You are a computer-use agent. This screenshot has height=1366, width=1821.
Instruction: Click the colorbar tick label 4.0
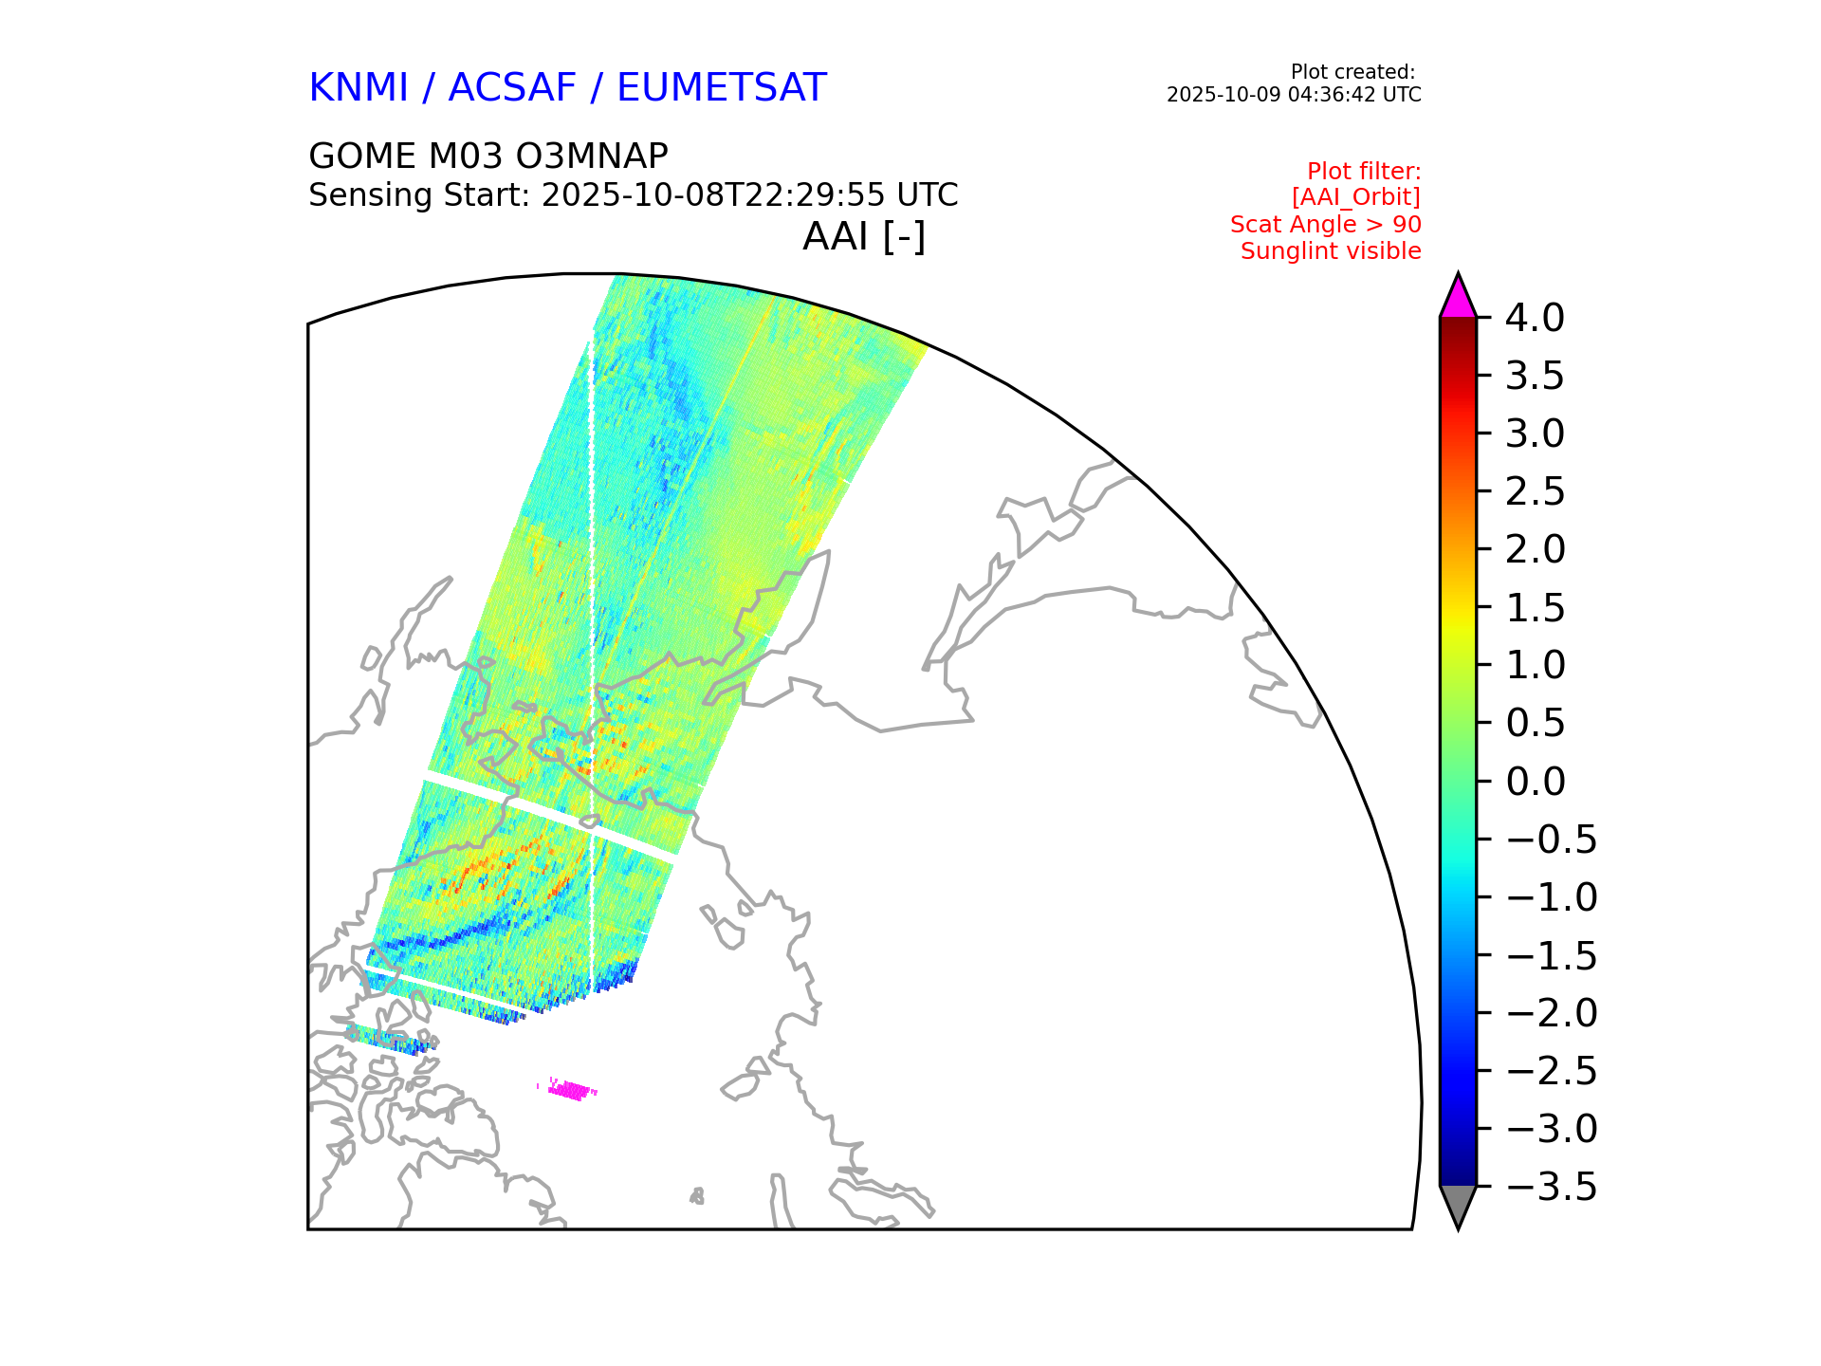tap(1535, 319)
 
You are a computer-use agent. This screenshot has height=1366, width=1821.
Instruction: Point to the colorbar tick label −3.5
tap(1551, 1187)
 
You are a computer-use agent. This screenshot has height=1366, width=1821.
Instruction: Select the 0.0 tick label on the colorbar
tap(1535, 782)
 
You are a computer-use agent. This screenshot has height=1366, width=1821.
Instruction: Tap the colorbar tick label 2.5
tap(1535, 492)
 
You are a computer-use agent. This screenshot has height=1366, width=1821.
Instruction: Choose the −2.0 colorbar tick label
tap(1551, 1013)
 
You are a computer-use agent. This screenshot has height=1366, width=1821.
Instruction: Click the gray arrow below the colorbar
tap(1458, 1206)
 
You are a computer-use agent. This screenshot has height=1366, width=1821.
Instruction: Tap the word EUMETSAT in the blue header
tap(721, 88)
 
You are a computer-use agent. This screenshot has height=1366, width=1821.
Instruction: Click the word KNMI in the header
tap(359, 88)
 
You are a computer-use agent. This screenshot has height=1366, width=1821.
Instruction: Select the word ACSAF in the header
tap(511, 88)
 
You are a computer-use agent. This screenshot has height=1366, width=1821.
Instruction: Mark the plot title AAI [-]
tap(864, 236)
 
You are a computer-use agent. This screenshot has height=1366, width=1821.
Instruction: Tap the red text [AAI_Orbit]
tap(1356, 197)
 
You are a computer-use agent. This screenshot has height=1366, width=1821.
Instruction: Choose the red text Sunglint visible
tap(1331, 251)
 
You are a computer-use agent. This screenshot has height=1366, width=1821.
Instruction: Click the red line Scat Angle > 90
tap(1326, 225)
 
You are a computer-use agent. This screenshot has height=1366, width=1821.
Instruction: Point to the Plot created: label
tap(1352, 72)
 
